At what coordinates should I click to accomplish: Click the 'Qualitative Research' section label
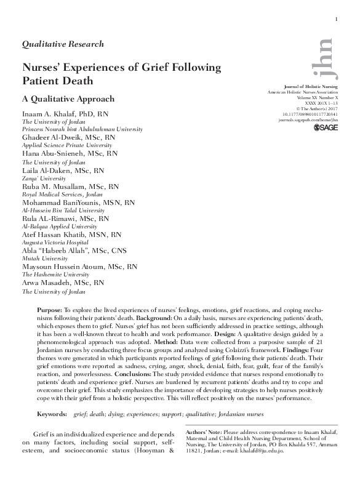63,44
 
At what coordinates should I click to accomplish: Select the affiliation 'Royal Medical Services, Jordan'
62,194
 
